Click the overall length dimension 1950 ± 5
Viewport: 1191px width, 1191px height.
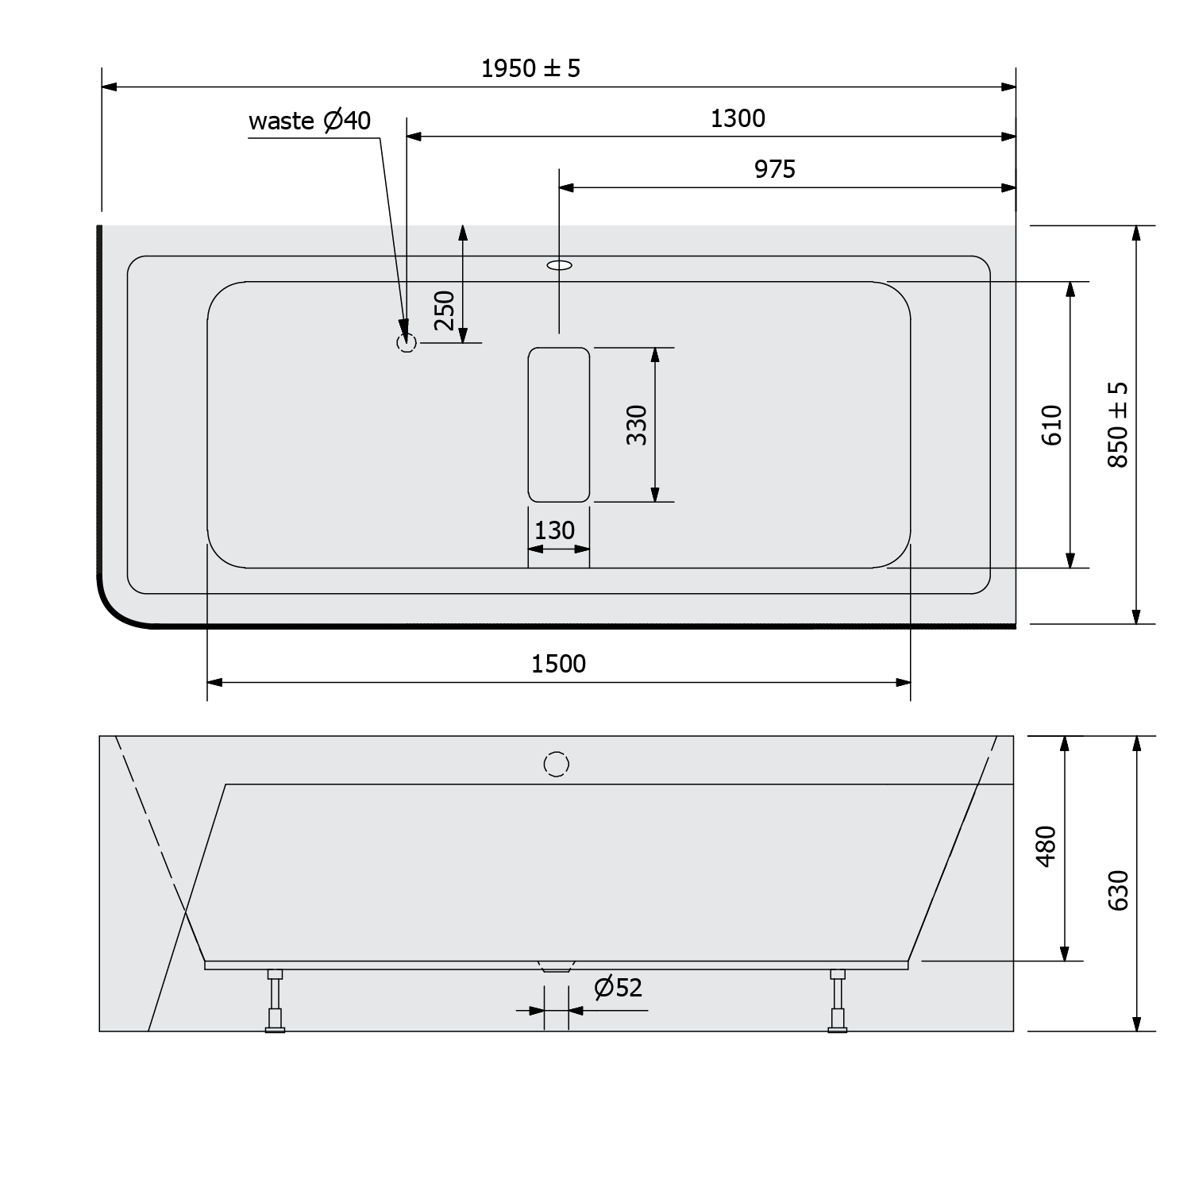[530, 69]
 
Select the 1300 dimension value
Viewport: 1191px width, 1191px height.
[738, 119]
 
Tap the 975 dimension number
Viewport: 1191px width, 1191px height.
[774, 170]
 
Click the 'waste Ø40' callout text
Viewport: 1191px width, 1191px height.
[310, 121]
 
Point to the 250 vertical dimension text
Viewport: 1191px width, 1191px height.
[445, 310]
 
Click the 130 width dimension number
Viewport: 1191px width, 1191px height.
[554, 530]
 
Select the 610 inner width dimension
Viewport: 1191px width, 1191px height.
[1052, 425]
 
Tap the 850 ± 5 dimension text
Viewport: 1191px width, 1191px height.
[1118, 425]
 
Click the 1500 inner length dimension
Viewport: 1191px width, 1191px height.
[558, 664]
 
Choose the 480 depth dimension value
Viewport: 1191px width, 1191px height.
[1046, 846]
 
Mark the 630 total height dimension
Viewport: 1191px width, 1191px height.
[1118, 890]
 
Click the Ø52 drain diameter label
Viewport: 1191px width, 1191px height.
[619, 988]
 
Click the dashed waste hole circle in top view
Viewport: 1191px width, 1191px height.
[407, 343]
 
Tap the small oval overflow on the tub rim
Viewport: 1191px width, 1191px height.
[560, 265]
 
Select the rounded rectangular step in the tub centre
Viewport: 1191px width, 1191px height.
[559, 425]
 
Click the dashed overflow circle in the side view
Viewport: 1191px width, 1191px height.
[557, 764]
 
